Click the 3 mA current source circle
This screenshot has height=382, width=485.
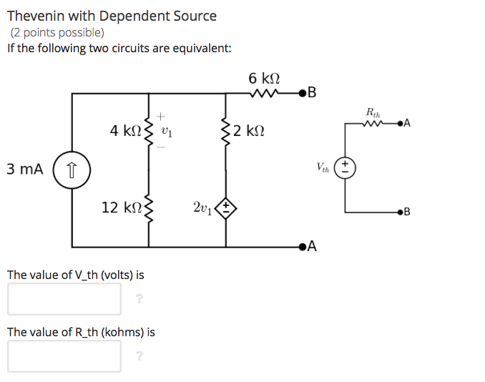pyautogui.click(x=72, y=170)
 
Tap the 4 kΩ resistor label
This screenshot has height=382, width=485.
pyautogui.click(x=125, y=131)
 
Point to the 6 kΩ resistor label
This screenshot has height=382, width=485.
pyautogui.click(x=264, y=77)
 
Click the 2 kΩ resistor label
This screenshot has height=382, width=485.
pyautogui.click(x=250, y=131)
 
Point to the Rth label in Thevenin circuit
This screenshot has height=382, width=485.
pyautogui.click(x=373, y=112)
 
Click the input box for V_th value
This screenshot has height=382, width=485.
pyautogui.click(x=64, y=299)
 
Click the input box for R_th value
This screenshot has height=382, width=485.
pyautogui.click(x=64, y=356)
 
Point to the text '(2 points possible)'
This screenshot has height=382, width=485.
pyautogui.click(x=57, y=32)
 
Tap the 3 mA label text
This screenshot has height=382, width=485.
pyautogui.click(x=24, y=170)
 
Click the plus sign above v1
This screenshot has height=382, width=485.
pyautogui.click(x=162, y=114)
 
